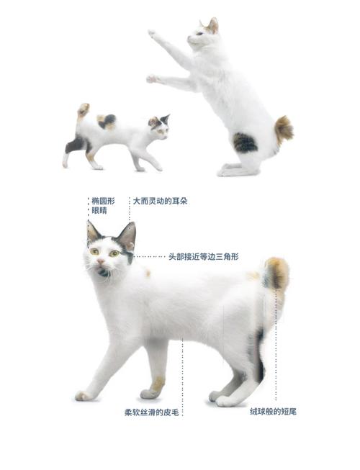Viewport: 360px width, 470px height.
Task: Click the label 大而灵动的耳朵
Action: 164,202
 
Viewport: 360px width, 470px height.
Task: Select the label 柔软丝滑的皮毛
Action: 151,412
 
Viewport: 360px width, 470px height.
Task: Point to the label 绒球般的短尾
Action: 274,412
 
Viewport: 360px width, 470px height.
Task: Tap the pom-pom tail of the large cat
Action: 276,274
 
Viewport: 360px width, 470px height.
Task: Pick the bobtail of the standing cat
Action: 283,130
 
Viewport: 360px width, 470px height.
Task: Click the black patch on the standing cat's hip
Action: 245,143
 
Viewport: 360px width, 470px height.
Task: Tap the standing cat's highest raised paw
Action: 151,33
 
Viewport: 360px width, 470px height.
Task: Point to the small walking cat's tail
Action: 84,110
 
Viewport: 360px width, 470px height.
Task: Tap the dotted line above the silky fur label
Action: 182,374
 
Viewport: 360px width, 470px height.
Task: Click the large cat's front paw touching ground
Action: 84,395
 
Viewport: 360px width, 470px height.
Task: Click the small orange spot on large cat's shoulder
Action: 148,273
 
